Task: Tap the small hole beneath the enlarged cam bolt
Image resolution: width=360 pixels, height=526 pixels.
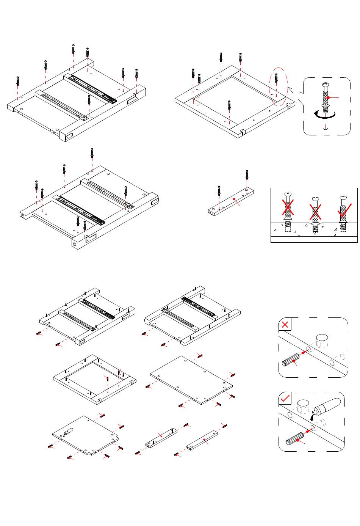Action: point(325,129)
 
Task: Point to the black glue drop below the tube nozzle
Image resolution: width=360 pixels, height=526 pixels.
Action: point(312,418)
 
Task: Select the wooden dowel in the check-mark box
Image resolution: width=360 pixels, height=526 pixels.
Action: point(294,439)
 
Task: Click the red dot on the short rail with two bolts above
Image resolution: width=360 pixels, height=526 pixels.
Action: point(235,199)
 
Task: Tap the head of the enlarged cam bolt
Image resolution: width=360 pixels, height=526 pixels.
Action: point(325,86)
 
